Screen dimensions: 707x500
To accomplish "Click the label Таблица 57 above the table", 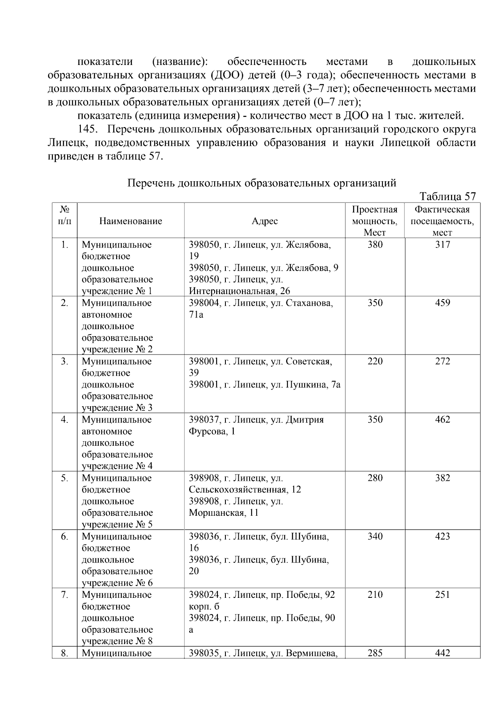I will [x=447, y=197].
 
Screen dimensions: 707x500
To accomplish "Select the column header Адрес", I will [x=265, y=221].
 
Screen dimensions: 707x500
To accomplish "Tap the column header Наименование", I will [x=130, y=221].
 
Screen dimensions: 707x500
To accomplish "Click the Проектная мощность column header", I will [x=375, y=221].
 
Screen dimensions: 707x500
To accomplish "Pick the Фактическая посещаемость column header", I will [x=442, y=221].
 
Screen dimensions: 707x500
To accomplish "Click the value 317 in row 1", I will [x=442, y=245].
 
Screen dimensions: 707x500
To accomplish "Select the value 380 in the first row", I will [x=375, y=245].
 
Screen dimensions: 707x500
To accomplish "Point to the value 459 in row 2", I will [x=442, y=303].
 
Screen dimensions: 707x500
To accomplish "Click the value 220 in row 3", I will [x=375, y=362].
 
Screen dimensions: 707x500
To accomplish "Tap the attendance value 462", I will [x=442, y=420].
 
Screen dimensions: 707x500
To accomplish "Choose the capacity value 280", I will [x=375, y=478].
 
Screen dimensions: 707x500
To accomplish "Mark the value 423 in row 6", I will [x=442, y=537].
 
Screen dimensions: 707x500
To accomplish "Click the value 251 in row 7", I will [x=442, y=595].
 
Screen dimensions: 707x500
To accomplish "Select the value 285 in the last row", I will [x=375, y=653].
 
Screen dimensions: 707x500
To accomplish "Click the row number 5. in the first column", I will [x=65, y=478].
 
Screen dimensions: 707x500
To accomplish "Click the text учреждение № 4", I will [x=117, y=466].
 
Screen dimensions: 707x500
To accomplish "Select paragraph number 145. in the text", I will [x=87, y=130].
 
